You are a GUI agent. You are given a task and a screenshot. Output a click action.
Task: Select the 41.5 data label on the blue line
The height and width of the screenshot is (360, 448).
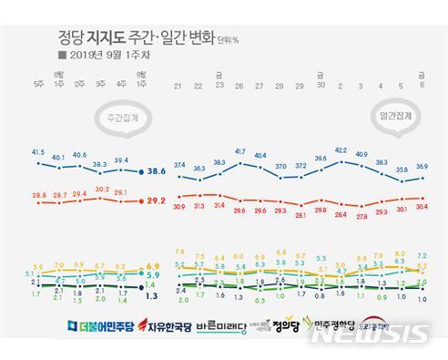pyautogui.click(x=37, y=152)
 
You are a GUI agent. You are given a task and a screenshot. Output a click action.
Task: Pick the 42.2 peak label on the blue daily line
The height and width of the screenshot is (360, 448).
pyautogui.click(x=341, y=149)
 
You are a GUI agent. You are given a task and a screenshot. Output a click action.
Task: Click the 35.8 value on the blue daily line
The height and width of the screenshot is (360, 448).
pyautogui.click(x=402, y=170)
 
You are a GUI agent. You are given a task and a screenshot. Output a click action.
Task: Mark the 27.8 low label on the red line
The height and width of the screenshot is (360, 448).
pyautogui.click(x=361, y=216)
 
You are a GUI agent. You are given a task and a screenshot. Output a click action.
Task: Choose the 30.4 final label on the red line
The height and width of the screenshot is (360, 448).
pyautogui.click(x=422, y=207)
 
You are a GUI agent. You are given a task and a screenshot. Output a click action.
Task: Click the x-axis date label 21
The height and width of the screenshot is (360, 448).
pyautogui.click(x=178, y=87)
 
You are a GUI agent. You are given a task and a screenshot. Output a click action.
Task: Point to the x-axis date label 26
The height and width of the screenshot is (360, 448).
pyautogui.click(x=239, y=87)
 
